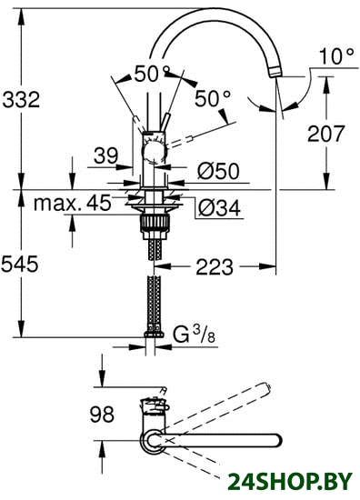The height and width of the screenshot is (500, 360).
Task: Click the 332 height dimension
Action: (x=21, y=99)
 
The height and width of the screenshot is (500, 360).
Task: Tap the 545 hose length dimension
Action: (x=20, y=264)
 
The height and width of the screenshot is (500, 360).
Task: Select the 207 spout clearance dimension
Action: (x=325, y=134)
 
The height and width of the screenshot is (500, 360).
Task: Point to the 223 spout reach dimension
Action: (x=215, y=267)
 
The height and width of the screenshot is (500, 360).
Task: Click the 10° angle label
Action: (x=336, y=56)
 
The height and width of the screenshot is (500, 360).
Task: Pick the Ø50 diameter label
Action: (x=218, y=171)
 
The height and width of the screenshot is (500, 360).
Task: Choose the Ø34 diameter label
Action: (x=219, y=208)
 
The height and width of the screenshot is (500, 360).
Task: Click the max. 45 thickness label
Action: (x=73, y=203)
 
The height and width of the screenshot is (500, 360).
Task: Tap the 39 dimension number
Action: (x=105, y=156)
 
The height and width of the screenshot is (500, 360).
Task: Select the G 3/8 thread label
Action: (x=194, y=335)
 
